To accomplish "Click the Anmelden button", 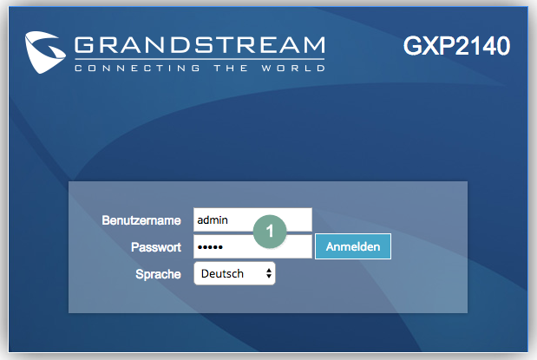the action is (x=353, y=246).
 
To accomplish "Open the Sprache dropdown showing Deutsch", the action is (x=234, y=273).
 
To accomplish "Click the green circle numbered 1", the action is (x=270, y=232).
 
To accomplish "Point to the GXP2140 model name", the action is (x=456, y=46).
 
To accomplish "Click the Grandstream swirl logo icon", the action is (x=45, y=52).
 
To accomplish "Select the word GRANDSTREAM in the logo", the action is (x=200, y=45).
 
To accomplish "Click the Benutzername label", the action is (x=141, y=220).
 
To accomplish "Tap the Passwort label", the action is (x=156, y=247).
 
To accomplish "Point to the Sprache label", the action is (x=158, y=274).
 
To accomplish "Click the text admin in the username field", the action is (x=213, y=220).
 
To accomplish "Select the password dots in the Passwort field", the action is (x=210, y=247).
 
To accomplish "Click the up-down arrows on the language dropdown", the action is (x=269, y=273).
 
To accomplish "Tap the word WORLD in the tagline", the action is (x=293, y=69).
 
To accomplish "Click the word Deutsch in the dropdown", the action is (x=222, y=273).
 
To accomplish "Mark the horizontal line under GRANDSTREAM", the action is (x=200, y=59).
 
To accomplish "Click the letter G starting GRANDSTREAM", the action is (x=84, y=45).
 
